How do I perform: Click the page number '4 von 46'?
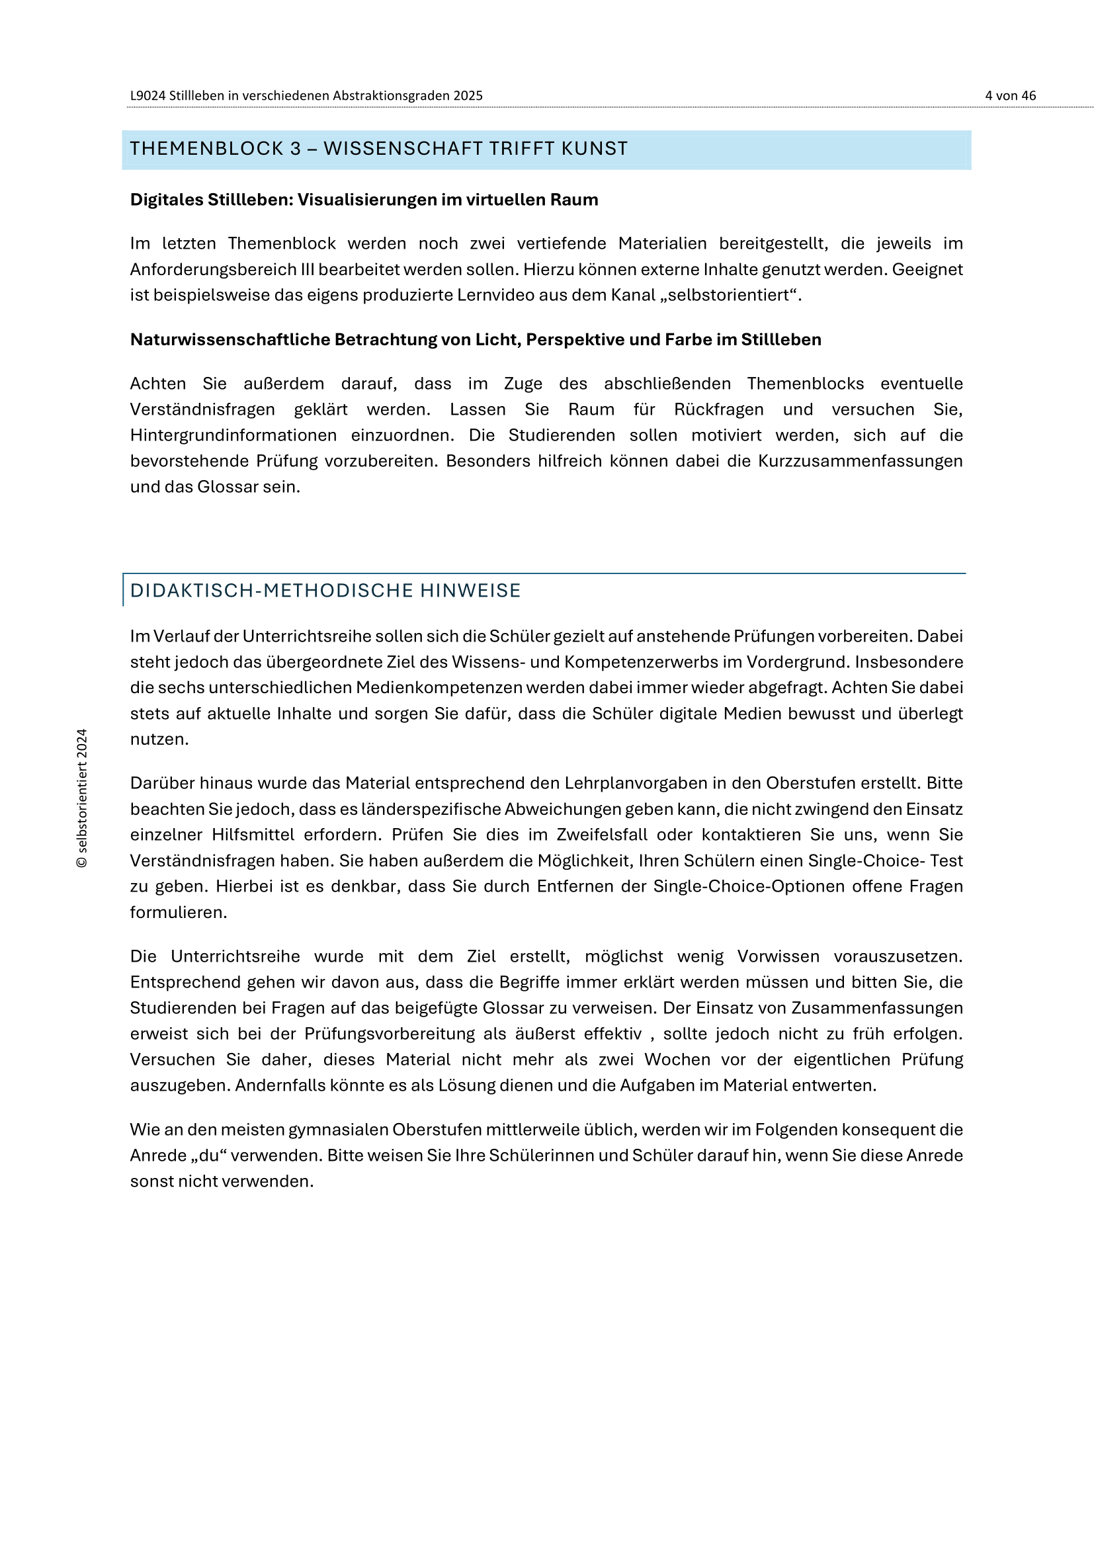pos(1010,96)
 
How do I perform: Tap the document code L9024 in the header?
pos(147,96)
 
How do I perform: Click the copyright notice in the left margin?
pos(82,798)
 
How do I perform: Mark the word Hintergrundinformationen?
pos(233,435)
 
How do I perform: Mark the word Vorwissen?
pos(778,957)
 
